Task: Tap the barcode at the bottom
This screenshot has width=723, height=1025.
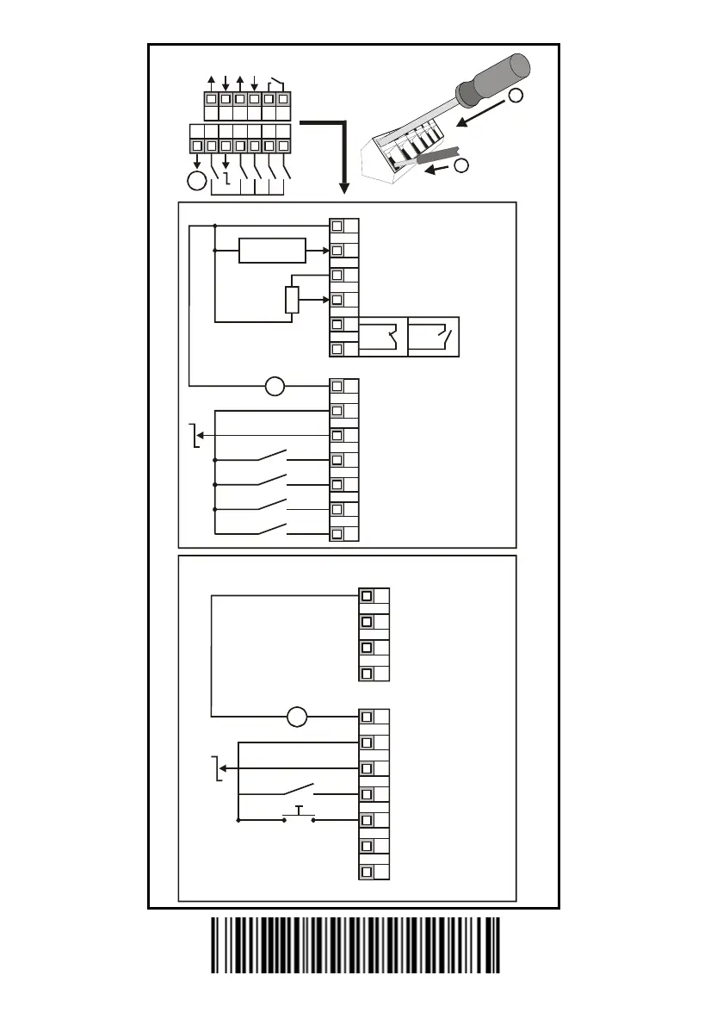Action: tap(356, 945)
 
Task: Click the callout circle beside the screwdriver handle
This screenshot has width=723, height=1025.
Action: tap(516, 96)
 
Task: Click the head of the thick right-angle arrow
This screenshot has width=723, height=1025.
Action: tap(343, 188)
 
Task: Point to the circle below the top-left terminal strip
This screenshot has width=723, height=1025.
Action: tap(196, 181)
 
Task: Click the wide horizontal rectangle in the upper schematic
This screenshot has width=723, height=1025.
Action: tap(272, 251)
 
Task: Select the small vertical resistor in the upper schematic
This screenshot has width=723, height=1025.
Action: tap(291, 300)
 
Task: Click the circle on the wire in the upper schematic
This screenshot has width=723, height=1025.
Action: tap(274, 387)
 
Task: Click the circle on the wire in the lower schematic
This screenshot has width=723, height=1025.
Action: tap(297, 716)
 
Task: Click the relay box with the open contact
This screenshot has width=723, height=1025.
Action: tap(434, 337)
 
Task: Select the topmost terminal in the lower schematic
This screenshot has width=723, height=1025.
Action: tap(368, 596)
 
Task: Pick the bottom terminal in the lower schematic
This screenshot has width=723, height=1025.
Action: tap(368, 872)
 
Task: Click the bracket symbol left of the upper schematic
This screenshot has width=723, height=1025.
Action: tap(196, 437)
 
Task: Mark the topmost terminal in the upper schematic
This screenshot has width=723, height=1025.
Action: tap(337, 226)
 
